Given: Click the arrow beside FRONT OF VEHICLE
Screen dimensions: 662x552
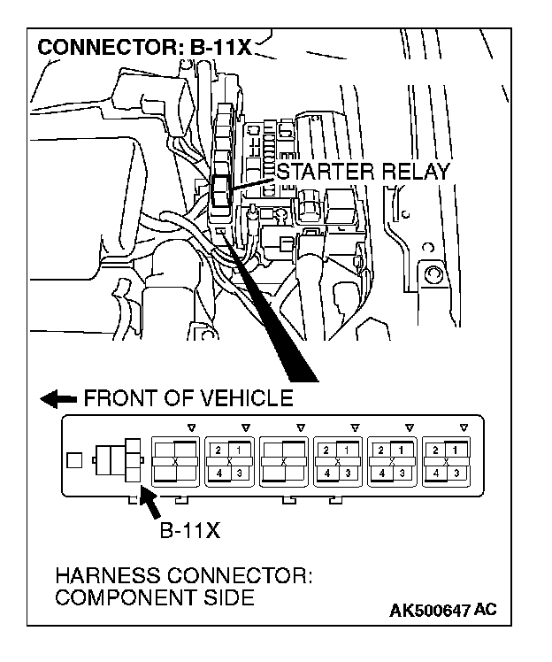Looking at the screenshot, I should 58,399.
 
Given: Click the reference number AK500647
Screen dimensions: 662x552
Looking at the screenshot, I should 428,611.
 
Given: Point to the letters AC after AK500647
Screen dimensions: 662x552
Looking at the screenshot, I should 485,611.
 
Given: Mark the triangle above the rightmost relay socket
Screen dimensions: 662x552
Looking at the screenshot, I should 464,427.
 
